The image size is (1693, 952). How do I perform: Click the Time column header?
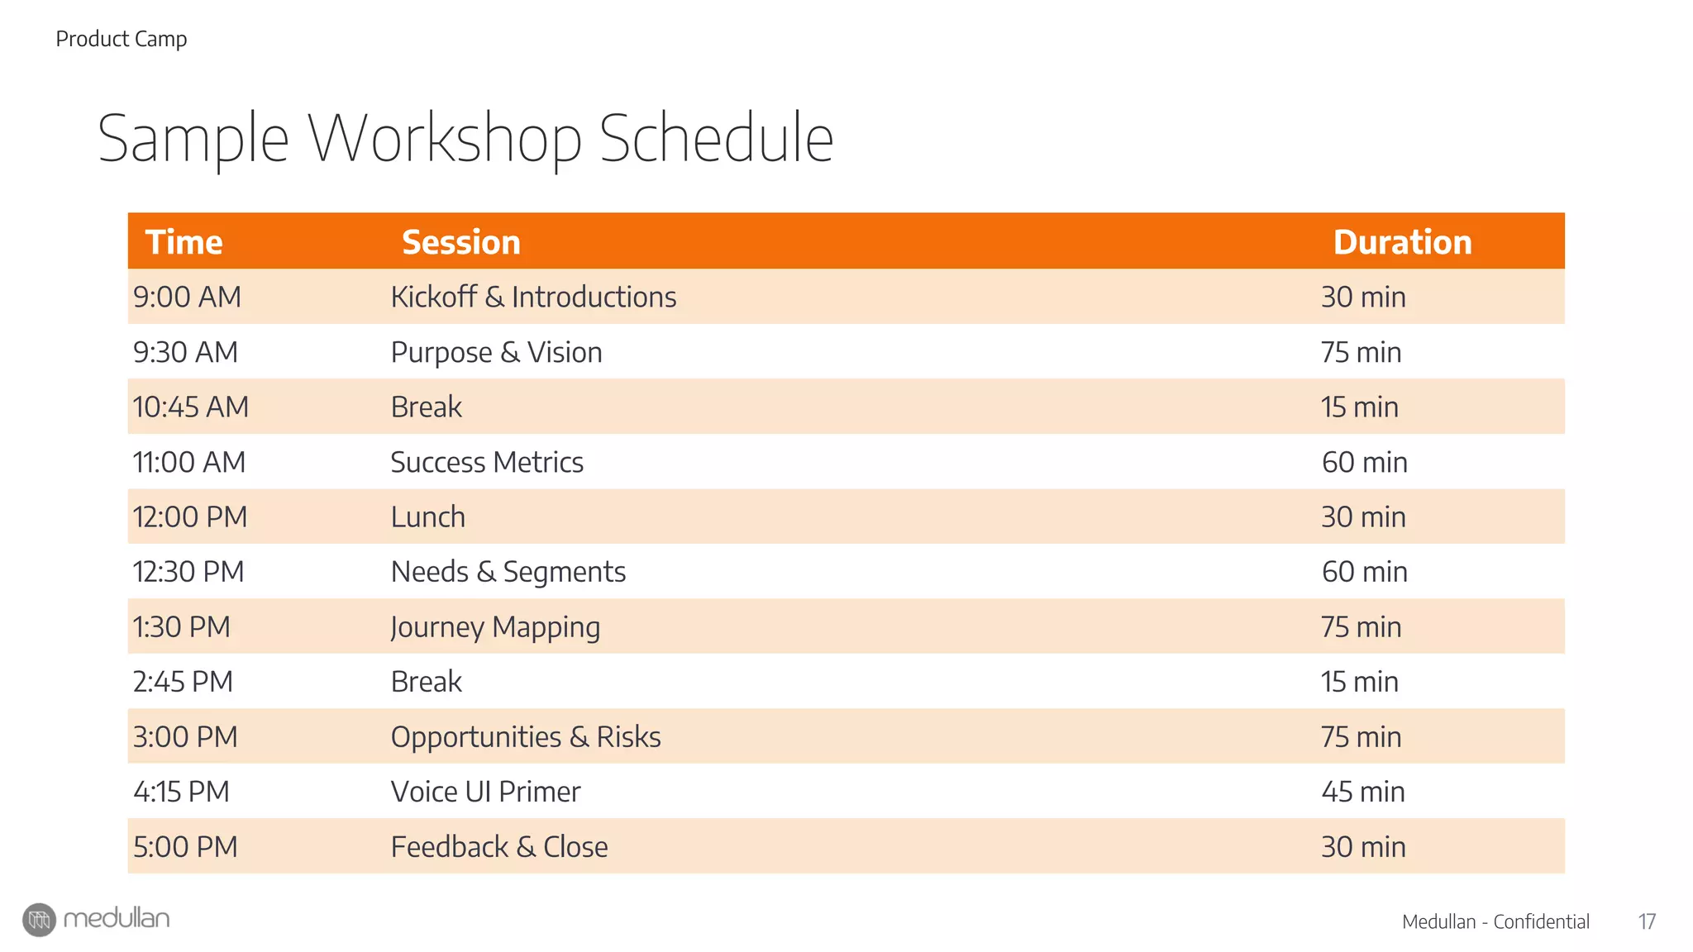184,242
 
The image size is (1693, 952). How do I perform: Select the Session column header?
461,242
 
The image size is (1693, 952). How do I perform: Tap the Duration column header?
1402,242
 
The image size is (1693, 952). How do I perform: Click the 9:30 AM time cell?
185,352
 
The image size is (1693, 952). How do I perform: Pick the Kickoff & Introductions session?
533,297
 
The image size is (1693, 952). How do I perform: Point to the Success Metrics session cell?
487,462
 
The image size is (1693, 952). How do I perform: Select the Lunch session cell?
428,516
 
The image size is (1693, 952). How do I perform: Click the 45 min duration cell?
1362,792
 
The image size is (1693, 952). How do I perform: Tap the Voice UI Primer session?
485,792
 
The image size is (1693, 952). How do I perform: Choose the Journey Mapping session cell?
495,627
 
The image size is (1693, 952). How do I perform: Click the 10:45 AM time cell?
190,407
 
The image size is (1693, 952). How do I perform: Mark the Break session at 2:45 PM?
426,682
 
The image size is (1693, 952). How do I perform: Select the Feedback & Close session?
499,846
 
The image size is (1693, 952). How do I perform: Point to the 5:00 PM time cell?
185,846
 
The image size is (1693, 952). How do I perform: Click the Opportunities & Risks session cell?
526,736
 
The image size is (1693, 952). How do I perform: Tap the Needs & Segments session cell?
508,572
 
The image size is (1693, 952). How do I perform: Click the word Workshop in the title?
445,139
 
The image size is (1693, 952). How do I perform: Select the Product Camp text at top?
122,39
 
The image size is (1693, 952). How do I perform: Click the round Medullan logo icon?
39,920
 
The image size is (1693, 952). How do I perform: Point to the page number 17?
1647,921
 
